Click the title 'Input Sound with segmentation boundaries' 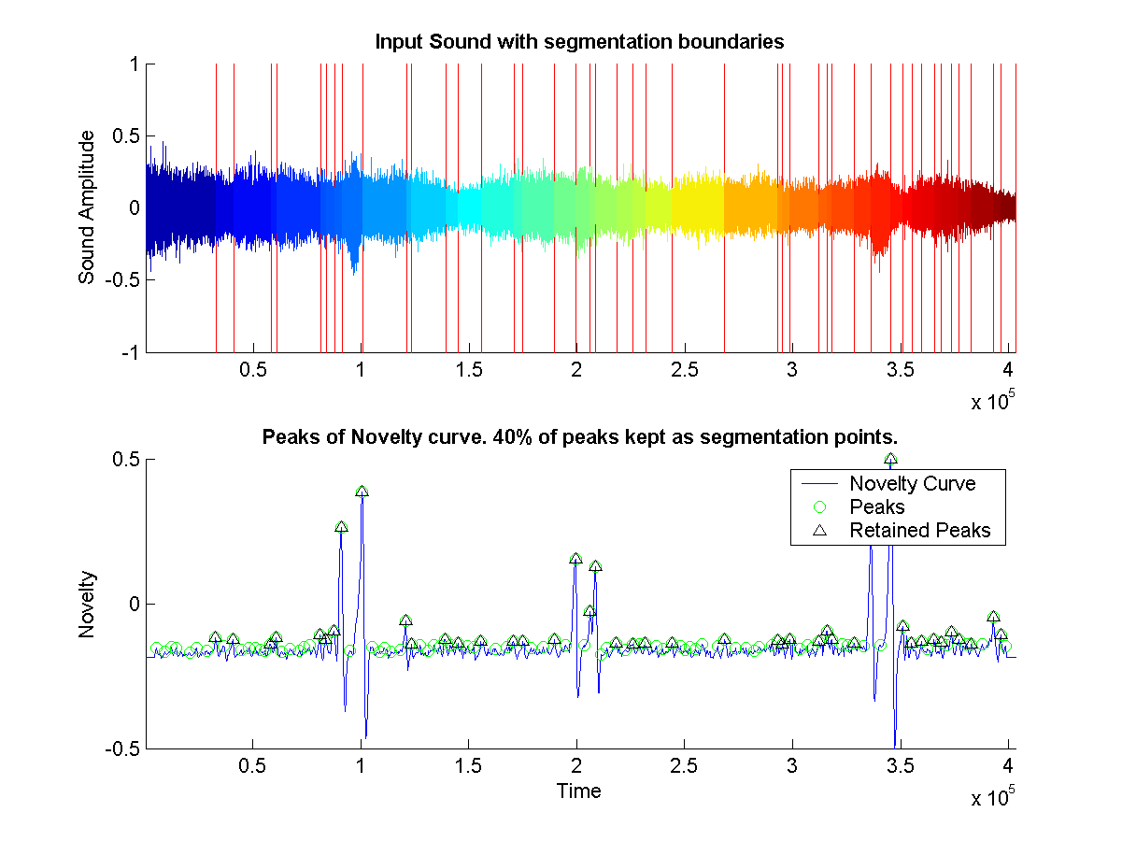(x=578, y=42)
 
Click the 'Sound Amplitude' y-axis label (x=87, y=207)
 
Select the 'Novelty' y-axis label (x=87, y=605)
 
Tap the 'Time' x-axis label (x=578, y=791)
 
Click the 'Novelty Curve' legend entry (x=912, y=484)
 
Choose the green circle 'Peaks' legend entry (x=876, y=507)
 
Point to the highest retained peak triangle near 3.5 (x=890, y=459)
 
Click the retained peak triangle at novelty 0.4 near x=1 (x=362, y=491)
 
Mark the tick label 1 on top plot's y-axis (x=135, y=64)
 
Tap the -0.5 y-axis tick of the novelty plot (x=125, y=749)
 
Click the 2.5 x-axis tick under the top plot (x=684, y=371)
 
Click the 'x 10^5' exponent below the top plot (x=991, y=402)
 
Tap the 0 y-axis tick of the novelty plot (x=135, y=605)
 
